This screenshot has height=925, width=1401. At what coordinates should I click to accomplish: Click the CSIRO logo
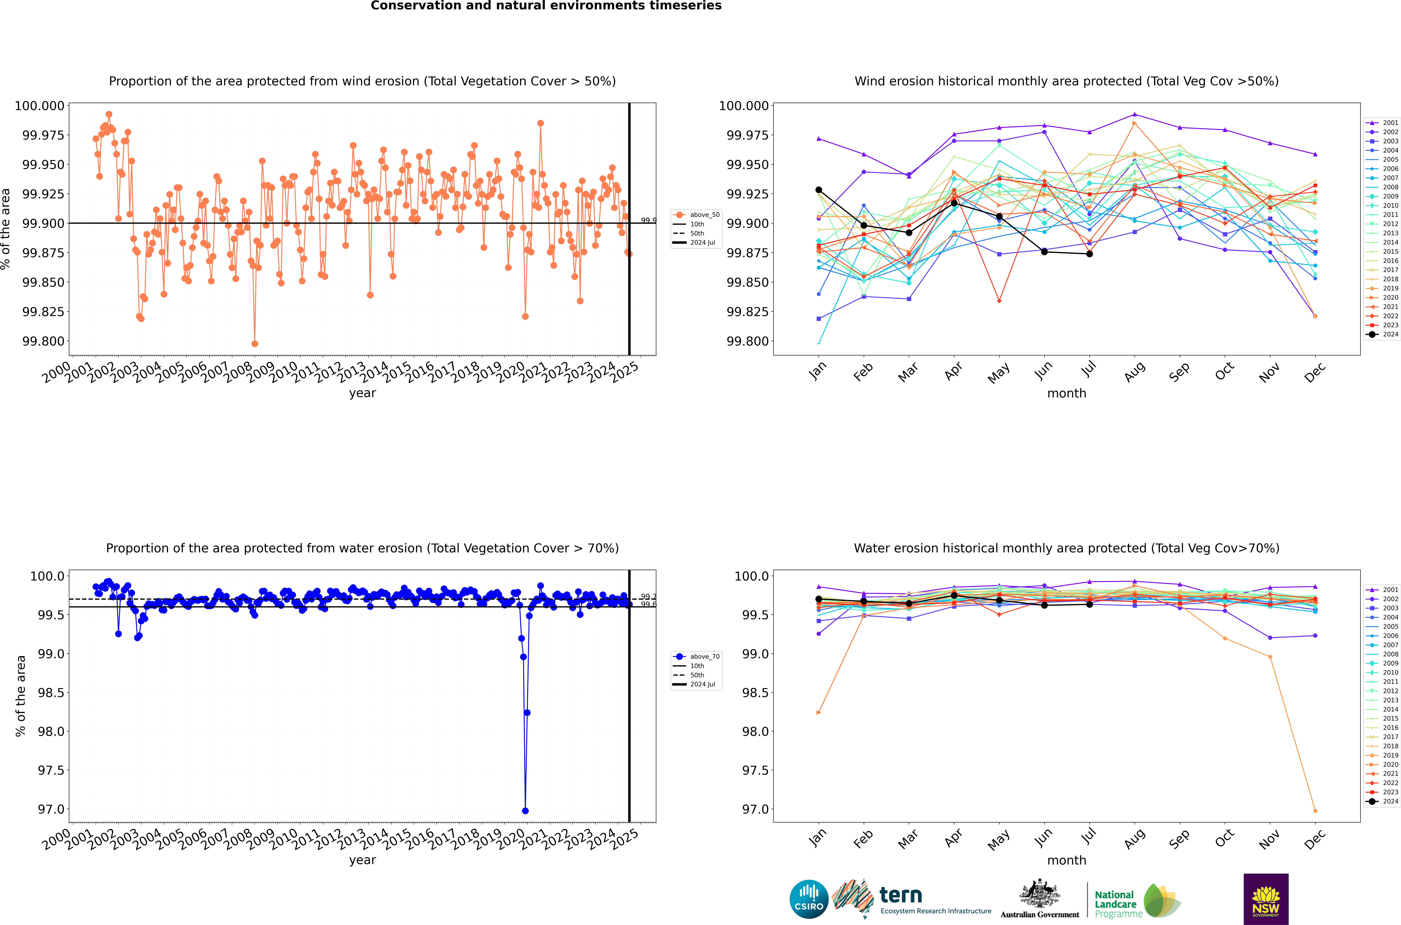(x=809, y=899)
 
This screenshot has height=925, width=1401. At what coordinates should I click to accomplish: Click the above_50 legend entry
(x=697, y=215)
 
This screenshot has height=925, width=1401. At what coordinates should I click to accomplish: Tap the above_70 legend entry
(x=697, y=657)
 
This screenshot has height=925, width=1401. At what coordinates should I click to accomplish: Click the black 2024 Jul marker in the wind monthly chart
(x=1089, y=254)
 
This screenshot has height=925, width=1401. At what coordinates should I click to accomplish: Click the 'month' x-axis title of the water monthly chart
(x=1066, y=860)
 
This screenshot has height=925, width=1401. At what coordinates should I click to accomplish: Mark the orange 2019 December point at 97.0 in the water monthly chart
(x=1315, y=811)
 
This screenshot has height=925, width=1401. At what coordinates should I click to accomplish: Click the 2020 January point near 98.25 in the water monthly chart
(x=818, y=713)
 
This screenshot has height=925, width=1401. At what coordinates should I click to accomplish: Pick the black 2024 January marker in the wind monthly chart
(x=818, y=190)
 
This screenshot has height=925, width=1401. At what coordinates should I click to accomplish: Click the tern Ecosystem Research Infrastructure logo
(x=912, y=899)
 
